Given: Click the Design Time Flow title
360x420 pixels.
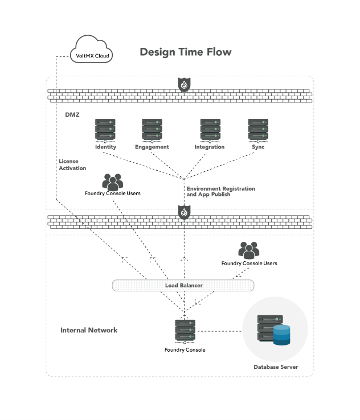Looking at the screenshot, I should tap(186, 52).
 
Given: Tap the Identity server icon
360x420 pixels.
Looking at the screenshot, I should tap(105, 130).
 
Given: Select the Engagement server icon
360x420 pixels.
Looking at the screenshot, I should tap(152, 130).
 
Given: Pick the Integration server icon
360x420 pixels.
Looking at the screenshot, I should tap(210, 130).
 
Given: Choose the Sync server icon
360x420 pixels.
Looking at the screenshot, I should tap(258, 130).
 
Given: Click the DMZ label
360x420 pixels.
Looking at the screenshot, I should tap(72, 115).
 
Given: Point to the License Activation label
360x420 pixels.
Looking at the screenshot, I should tap(72, 164).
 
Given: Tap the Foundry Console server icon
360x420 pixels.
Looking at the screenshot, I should tap(185, 331).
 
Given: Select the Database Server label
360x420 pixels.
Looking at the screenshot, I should tap(276, 367).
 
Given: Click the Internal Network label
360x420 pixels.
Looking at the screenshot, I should tap(89, 330).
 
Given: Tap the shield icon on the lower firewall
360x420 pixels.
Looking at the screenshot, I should tap(184, 212).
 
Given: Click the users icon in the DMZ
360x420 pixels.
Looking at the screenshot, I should tap(113, 182).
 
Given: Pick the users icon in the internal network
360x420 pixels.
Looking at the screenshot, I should tap(249, 250).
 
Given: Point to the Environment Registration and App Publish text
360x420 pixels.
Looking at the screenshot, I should tap(220, 191).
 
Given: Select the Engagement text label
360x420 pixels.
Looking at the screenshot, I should tap(152, 147).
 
